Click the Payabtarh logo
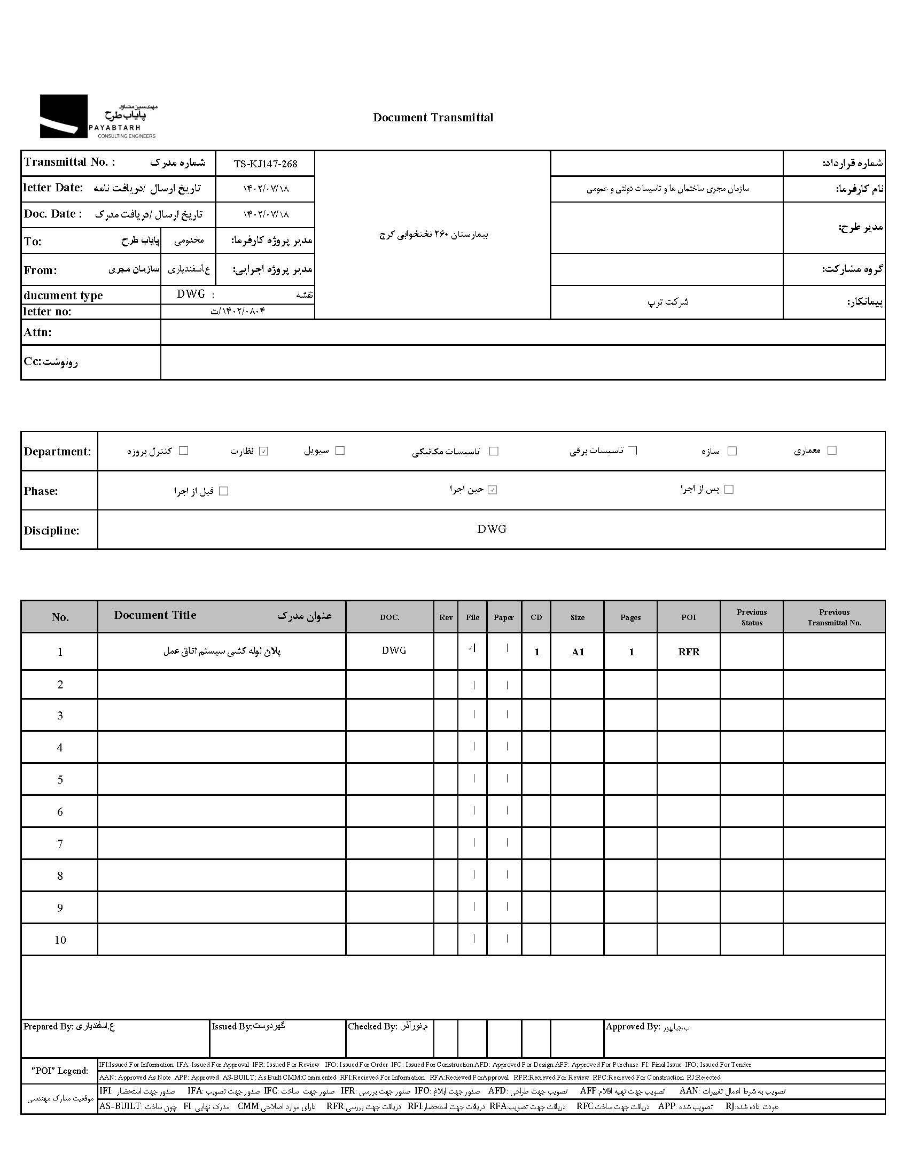tap(98, 117)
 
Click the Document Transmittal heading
tap(433, 118)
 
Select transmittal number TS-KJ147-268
tap(265, 164)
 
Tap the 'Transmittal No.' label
tap(69, 162)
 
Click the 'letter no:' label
tap(47, 312)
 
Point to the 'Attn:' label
tap(37, 332)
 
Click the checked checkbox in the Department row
tap(263, 451)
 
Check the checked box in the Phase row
tap(493, 490)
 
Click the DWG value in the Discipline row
tap(492, 529)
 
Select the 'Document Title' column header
tap(155, 616)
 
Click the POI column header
tap(688, 618)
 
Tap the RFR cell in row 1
tap(688, 652)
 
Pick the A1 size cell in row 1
tap(578, 652)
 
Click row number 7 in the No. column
tap(60, 844)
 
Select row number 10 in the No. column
tap(60, 940)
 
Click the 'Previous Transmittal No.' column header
tap(834, 618)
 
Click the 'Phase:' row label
tap(41, 491)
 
